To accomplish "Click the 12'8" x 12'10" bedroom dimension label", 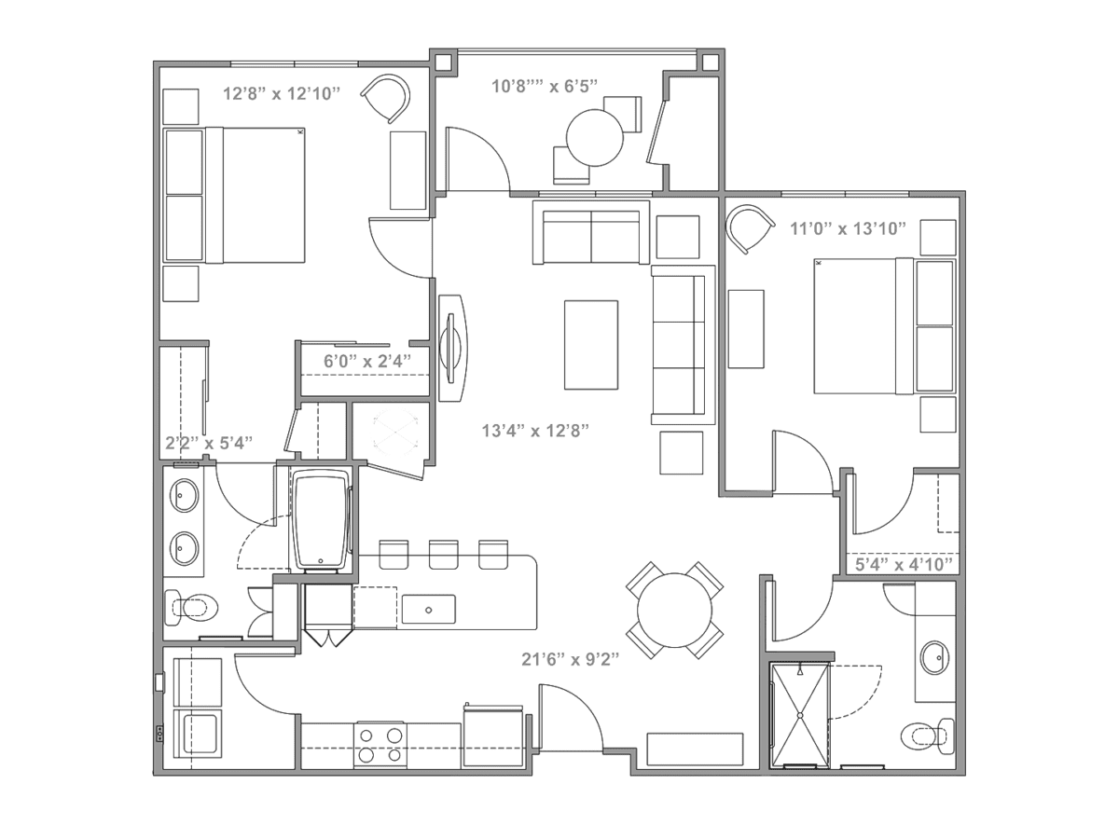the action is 282,94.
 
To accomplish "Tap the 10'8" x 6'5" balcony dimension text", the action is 544,86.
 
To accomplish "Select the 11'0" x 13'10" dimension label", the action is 848,228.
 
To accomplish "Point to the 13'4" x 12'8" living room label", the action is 535,431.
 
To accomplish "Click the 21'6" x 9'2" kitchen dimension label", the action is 570,660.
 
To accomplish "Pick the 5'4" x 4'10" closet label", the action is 904,564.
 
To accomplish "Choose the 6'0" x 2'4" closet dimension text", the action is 367,361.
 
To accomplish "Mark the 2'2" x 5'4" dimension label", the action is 209,443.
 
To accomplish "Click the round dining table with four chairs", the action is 674,611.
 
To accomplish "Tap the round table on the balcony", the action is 594,138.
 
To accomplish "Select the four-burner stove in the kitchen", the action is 380,745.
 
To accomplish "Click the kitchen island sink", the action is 428,610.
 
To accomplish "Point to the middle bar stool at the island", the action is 443,555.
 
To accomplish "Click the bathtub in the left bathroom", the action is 321,519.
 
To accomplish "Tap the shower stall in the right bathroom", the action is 800,715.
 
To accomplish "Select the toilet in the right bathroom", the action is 927,736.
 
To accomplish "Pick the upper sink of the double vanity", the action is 185,495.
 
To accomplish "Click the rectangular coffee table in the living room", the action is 591,345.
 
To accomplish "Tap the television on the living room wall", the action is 453,348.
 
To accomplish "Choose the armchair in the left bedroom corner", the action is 386,98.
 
